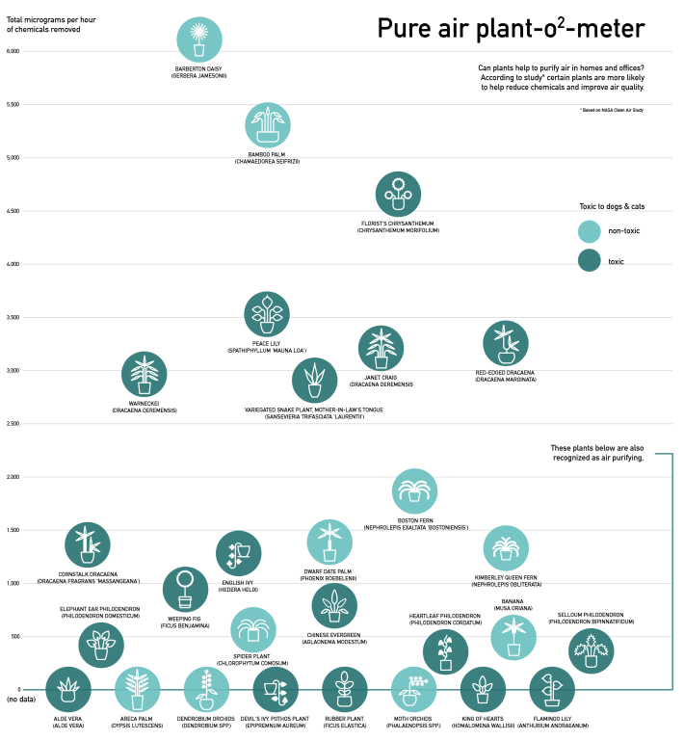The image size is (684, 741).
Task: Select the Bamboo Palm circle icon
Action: point(268,125)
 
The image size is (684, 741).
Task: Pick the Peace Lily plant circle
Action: point(267,315)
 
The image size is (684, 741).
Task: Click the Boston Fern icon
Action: point(415,491)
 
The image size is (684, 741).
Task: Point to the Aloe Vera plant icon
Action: point(68,689)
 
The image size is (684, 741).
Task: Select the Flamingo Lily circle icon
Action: point(552,689)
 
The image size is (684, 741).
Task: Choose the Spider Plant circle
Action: point(253,630)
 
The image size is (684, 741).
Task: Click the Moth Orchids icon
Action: point(414,689)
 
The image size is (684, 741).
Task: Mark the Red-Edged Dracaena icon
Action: point(506,343)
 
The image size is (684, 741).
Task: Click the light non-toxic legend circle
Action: point(590,230)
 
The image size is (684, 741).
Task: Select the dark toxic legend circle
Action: point(590,260)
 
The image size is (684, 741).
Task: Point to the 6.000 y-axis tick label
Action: point(13,50)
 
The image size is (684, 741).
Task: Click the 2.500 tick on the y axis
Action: point(13,423)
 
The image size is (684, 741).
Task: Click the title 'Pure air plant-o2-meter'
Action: point(511,29)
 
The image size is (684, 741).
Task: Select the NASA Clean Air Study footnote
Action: point(611,110)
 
